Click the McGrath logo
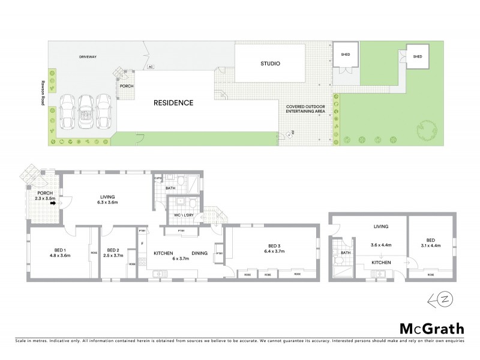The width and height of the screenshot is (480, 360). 432,328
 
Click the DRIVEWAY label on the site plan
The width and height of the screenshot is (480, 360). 88,57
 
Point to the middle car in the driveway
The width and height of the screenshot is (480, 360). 86,112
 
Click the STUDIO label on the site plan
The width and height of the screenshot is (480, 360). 271,64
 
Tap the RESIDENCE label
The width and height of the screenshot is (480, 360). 173,103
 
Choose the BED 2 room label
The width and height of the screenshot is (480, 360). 113,250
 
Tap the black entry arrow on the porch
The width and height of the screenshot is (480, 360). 53,203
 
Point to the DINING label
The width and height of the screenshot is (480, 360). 199,253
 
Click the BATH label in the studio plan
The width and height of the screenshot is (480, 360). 346,253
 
